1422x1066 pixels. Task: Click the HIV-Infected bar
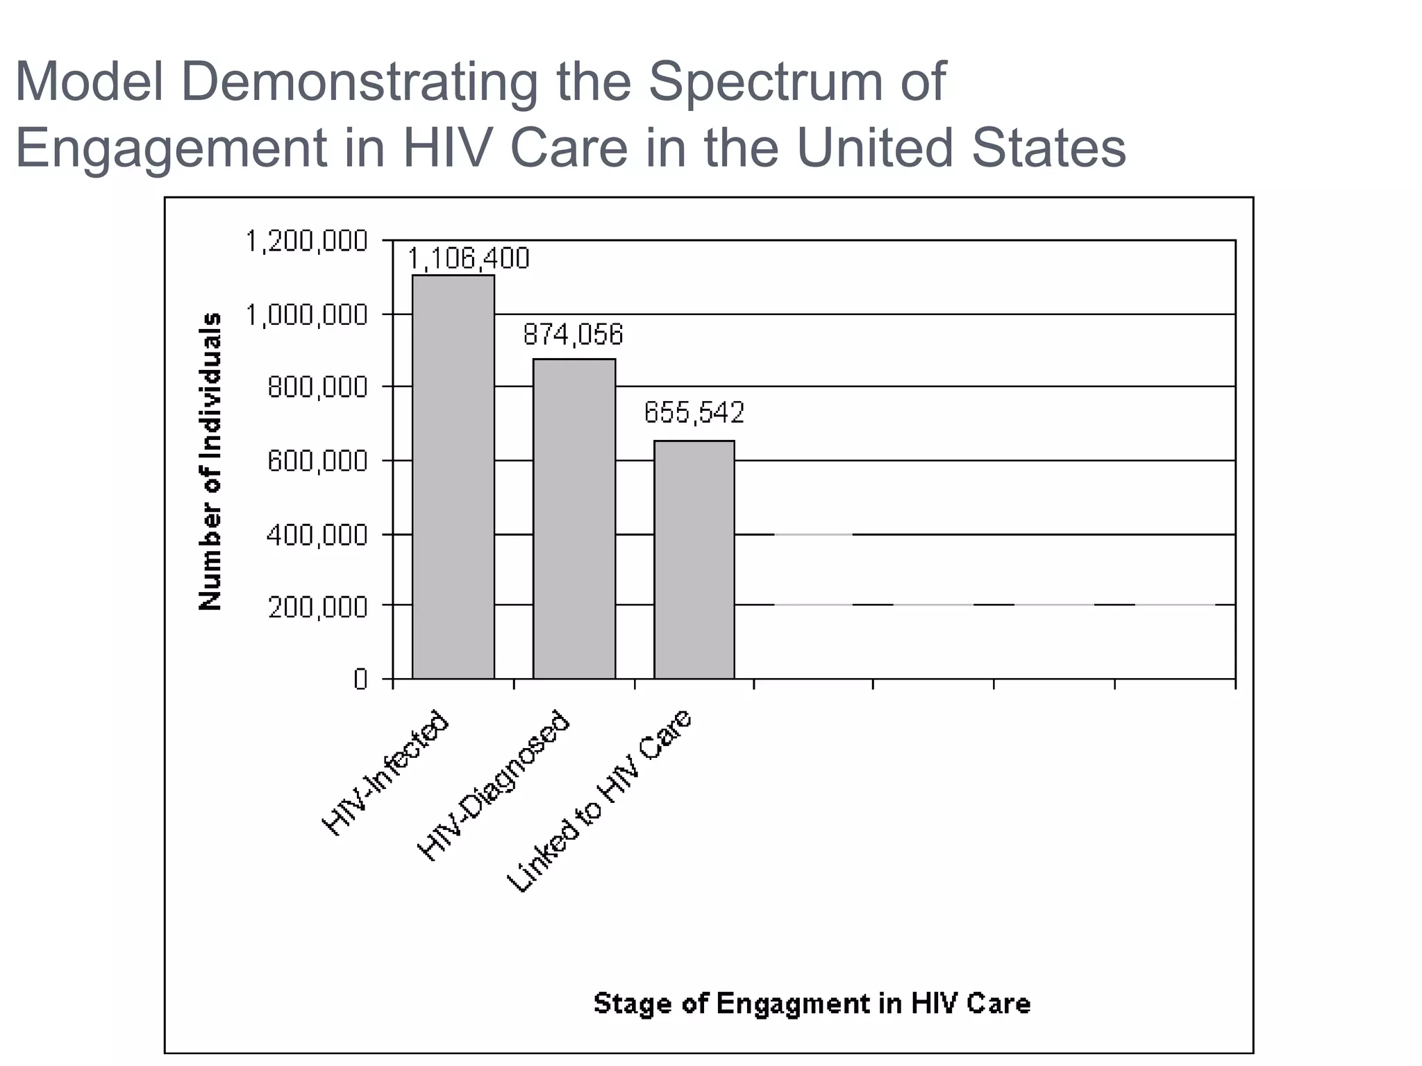point(453,477)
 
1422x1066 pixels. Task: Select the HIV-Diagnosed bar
point(574,518)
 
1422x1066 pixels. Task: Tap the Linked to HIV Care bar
point(694,559)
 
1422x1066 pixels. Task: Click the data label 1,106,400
point(468,259)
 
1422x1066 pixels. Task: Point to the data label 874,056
point(573,335)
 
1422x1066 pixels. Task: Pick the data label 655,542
point(694,413)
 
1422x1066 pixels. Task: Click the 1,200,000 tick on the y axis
point(306,242)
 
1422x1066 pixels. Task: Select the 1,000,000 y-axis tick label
point(306,315)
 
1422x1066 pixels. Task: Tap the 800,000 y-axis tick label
point(317,387)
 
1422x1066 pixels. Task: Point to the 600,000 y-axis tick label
point(317,461)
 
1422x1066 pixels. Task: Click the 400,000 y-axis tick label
point(317,535)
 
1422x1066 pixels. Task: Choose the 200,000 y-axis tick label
point(317,607)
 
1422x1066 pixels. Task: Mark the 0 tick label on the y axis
point(360,679)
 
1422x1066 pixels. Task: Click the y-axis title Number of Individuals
point(210,462)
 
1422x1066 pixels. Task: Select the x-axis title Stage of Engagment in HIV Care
point(812,1004)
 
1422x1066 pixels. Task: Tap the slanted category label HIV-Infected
point(386,772)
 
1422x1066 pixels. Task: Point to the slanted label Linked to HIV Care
point(600,801)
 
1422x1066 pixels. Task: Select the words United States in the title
point(960,148)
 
